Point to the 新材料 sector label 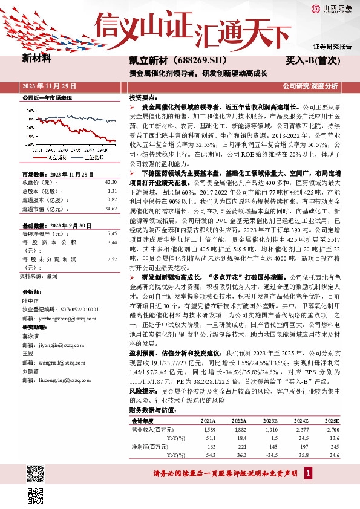click(37, 59)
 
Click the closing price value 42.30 click(110, 181)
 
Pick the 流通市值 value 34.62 click(110, 208)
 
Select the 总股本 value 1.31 click(111, 190)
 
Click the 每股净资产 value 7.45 click(111, 233)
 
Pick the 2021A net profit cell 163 click(211, 446)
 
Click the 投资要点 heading click(143, 97)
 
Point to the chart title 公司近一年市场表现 click(47, 97)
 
